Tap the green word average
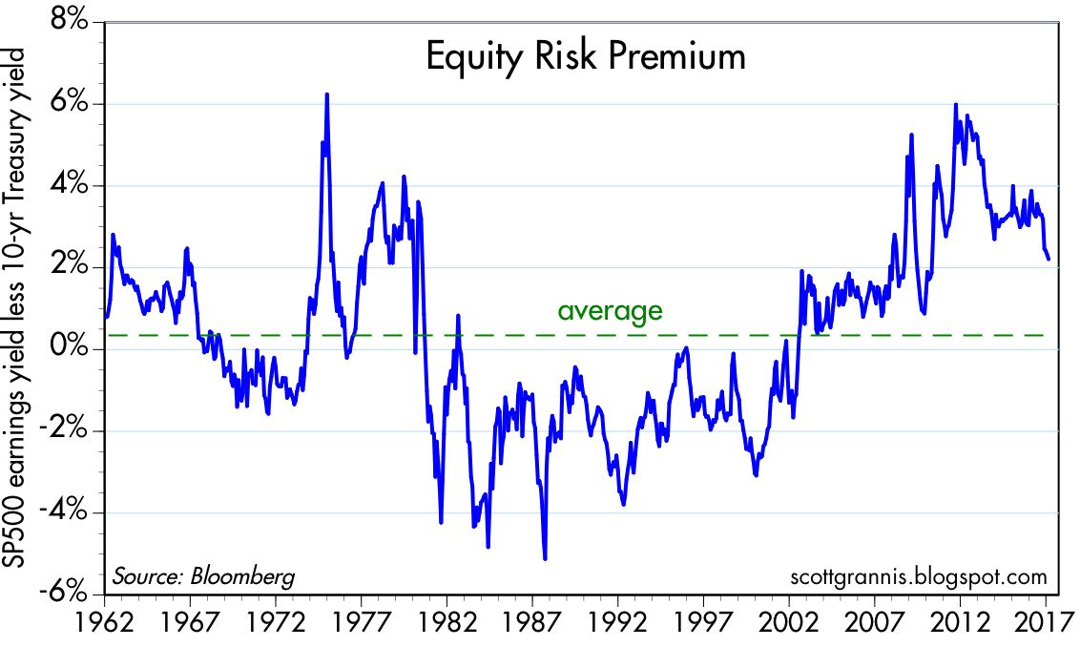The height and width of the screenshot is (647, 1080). coord(610,310)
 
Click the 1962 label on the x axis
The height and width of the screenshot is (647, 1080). coord(104,621)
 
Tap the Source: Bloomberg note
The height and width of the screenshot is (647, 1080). coord(203,576)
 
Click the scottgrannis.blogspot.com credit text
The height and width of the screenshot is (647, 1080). coord(919,576)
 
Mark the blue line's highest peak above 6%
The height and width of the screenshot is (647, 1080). coord(327,94)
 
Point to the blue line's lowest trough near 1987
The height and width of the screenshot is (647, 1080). coord(545,558)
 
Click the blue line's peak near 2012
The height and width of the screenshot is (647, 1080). coord(956,105)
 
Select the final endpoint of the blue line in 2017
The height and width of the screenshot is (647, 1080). coord(1049,259)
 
